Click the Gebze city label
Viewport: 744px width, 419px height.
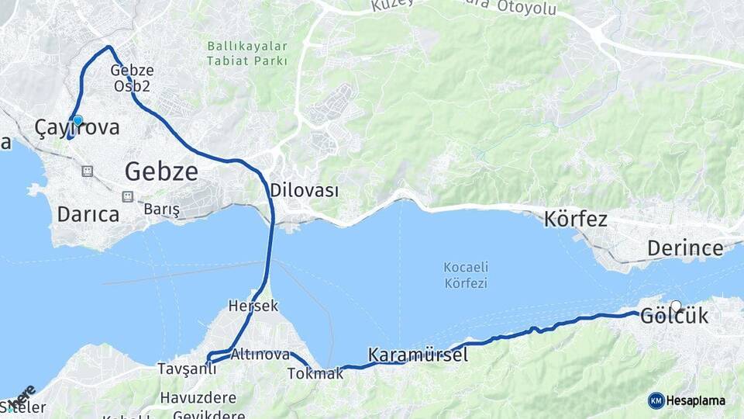pyautogui.click(x=161, y=171)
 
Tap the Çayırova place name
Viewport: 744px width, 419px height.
pyautogui.click(x=77, y=128)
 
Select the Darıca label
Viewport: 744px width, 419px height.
pyautogui.click(x=88, y=214)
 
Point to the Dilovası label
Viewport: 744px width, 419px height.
pyautogui.click(x=304, y=190)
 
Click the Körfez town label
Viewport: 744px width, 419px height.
pyautogui.click(x=575, y=219)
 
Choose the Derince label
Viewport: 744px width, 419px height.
pyautogui.click(x=685, y=248)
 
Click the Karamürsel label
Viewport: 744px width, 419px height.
pyautogui.click(x=418, y=355)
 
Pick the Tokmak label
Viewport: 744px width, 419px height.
pyautogui.click(x=315, y=373)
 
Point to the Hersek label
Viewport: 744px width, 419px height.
pyautogui.click(x=253, y=306)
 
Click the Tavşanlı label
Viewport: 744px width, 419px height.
pyautogui.click(x=187, y=368)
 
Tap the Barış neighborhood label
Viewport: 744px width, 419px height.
pyautogui.click(x=161, y=209)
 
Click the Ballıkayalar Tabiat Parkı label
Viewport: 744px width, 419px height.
pyautogui.click(x=247, y=54)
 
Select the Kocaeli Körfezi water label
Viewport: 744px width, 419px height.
pyautogui.click(x=465, y=275)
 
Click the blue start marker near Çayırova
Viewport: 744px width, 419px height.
pyautogui.click(x=77, y=120)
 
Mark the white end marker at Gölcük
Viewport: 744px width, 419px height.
pyautogui.click(x=677, y=306)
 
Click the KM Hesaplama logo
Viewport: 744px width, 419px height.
pyautogui.click(x=687, y=400)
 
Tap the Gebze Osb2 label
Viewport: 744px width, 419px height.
pyautogui.click(x=132, y=78)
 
